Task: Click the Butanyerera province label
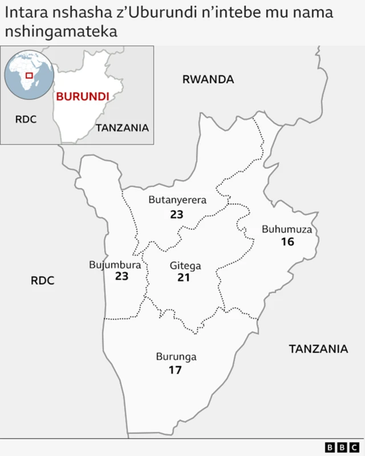(177, 199)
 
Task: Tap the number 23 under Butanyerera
(176, 215)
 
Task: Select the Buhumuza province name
(287, 230)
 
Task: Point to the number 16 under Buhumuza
(287, 242)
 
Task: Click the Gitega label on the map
(185, 266)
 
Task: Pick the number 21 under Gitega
(183, 278)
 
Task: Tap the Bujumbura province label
(115, 265)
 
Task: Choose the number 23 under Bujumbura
(121, 276)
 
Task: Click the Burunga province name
(176, 357)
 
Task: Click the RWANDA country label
(208, 79)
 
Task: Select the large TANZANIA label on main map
(318, 349)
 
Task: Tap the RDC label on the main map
(43, 280)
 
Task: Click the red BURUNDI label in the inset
(82, 96)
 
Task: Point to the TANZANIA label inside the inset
(122, 128)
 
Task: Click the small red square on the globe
(29, 75)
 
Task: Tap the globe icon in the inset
(29, 75)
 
